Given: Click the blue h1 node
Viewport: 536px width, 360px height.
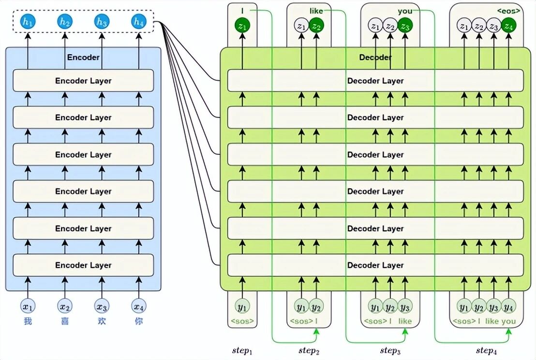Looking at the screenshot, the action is (28, 22).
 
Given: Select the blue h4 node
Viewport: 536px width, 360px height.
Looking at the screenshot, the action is (138, 22).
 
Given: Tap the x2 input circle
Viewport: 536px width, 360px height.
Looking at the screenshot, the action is (65, 306).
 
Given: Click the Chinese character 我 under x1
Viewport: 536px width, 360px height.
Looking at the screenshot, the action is (28, 321).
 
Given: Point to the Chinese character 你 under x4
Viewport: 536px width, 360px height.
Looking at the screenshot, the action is (139, 321).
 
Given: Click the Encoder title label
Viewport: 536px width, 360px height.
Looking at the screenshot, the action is (83, 57).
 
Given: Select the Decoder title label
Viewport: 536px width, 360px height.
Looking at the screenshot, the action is (375, 57).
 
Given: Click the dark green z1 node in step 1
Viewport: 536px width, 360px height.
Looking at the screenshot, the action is (242, 26).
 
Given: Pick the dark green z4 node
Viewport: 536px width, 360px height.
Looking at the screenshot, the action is (508, 26).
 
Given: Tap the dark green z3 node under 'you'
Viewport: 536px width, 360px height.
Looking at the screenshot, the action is (405, 26).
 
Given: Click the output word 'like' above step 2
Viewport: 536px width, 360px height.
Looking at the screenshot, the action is (316, 11).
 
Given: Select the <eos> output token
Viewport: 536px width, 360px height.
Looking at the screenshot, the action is (508, 11).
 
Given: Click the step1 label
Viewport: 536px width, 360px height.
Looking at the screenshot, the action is (242, 350).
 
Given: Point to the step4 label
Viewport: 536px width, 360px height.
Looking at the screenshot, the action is (486, 350).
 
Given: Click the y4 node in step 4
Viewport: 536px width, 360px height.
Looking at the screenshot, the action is (508, 306).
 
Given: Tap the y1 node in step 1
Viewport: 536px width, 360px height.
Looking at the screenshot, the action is (242, 306).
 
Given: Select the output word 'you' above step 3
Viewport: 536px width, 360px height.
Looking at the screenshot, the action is (405, 11).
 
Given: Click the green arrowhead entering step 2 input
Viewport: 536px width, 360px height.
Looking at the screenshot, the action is (316, 330).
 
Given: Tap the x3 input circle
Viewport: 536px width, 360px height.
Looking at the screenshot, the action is (102, 306).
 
